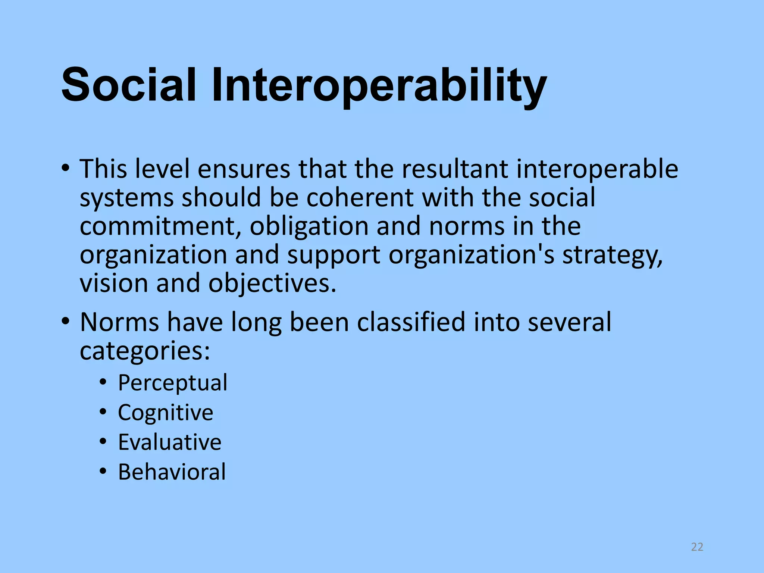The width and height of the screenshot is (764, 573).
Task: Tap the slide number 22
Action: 697,547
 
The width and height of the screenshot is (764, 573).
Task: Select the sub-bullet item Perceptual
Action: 172,383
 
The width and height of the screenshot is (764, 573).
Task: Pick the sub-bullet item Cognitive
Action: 166,413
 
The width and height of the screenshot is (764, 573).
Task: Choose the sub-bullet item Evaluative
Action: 170,442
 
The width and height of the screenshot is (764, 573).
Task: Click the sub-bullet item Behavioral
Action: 172,472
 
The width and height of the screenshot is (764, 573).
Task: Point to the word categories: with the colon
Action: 145,351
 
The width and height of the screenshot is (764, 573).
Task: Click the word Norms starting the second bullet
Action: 119,322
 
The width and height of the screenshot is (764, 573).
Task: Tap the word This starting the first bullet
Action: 103,169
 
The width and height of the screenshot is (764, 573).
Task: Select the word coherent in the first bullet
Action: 360,197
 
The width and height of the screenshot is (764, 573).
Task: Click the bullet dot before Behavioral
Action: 103,472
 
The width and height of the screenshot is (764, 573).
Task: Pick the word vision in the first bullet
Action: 114,284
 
